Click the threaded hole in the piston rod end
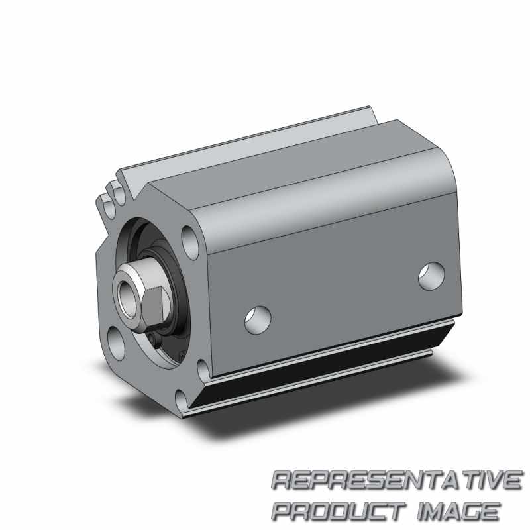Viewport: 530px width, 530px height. (x=129, y=297)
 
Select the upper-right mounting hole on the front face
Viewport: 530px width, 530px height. (x=190, y=242)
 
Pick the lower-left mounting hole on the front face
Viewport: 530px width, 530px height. (x=116, y=344)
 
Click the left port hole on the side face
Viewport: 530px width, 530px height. (x=258, y=320)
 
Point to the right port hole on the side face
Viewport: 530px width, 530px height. (x=431, y=276)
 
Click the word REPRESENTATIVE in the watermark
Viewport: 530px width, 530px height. (x=397, y=480)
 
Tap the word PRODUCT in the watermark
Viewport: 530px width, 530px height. (x=339, y=511)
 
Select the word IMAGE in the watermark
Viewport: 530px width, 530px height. (x=458, y=511)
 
